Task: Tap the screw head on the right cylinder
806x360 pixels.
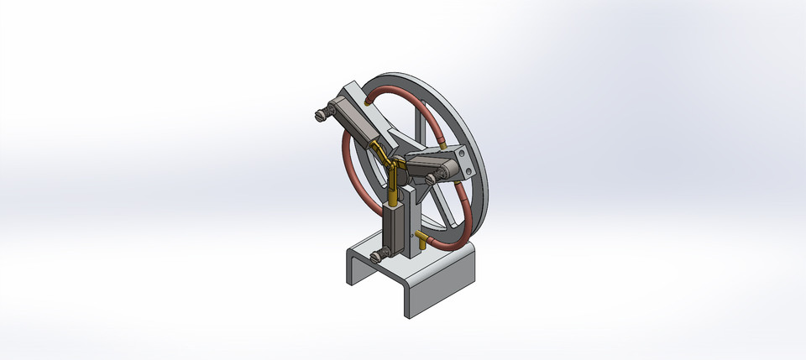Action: tap(432, 178)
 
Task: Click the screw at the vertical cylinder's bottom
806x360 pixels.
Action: tap(379, 252)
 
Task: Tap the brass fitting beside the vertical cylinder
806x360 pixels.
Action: tap(421, 239)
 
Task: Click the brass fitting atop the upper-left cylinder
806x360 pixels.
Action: tap(371, 100)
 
